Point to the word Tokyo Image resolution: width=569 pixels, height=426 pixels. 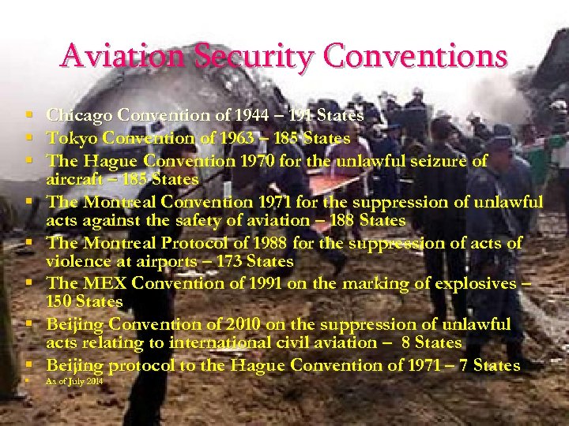pos(69,138)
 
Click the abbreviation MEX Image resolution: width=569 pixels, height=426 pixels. pos(98,282)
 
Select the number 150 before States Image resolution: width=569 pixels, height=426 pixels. pos(60,301)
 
